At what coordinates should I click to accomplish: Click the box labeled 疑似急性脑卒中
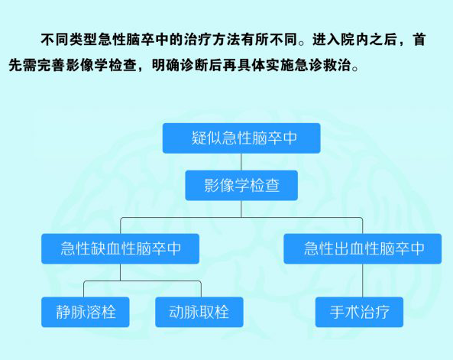click(x=241, y=138)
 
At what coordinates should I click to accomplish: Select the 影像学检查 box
click(x=241, y=185)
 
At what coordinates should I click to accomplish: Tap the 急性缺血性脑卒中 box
click(x=120, y=248)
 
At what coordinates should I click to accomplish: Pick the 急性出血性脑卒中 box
click(x=363, y=248)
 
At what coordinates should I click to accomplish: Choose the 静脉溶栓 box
click(x=86, y=312)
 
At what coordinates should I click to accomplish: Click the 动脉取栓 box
click(x=199, y=312)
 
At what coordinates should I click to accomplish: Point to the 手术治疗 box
click(x=359, y=312)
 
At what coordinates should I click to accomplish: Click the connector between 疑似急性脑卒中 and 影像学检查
click(x=241, y=162)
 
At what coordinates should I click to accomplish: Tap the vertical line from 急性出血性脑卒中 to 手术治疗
click(x=363, y=281)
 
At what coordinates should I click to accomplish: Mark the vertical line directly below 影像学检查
click(x=241, y=209)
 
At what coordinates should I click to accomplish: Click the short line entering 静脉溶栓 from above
click(x=84, y=289)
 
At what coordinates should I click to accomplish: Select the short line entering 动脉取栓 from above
click(x=201, y=289)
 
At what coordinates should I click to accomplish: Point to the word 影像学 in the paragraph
click(x=87, y=65)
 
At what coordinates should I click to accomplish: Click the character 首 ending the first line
click(x=419, y=40)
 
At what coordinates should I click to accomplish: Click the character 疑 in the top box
click(x=199, y=138)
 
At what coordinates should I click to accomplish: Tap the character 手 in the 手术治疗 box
click(x=337, y=312)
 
